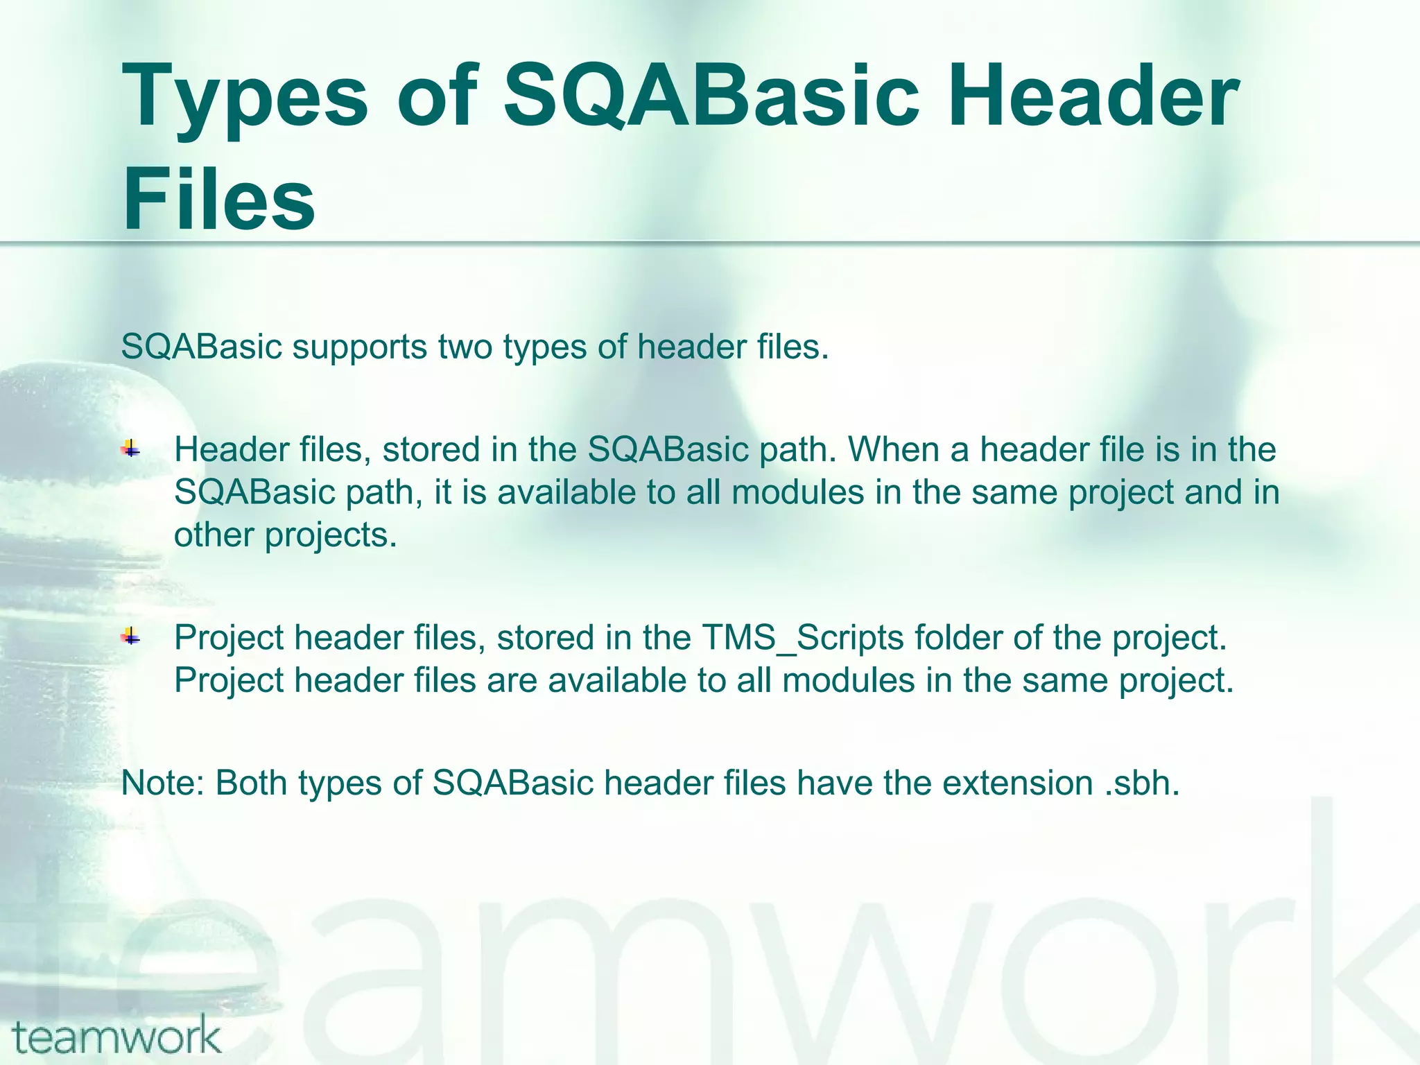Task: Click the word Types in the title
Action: point(244,97)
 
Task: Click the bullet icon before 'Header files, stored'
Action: point(130,450)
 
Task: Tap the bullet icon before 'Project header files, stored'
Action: point(130,637)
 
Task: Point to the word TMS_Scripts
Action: point(802,638)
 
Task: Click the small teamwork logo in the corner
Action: point(116,1037)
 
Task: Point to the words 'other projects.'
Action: point(286,535)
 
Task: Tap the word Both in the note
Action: point(252,783)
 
